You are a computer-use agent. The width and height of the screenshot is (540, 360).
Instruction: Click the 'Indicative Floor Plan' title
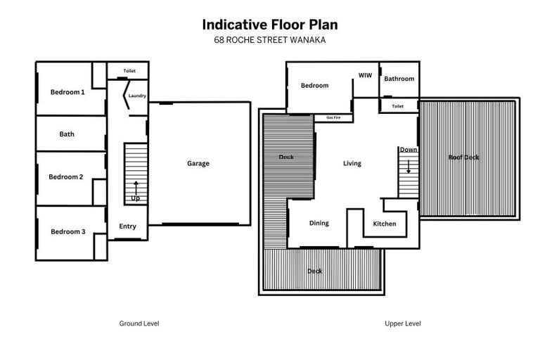coord(270,25)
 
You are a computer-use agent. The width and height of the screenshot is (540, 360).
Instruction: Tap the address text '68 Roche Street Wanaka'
coord(270,40)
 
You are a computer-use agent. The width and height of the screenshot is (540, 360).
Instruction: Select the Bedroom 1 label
coord(67,92)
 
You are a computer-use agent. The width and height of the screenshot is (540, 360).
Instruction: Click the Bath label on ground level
coord(67,134)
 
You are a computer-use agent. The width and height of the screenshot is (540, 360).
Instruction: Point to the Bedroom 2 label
coord(66,177)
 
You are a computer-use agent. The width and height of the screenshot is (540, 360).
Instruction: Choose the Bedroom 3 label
coord(67,232)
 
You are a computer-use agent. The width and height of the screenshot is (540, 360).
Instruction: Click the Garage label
coord(198,164)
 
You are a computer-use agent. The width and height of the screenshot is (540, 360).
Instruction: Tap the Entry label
coord(127,226)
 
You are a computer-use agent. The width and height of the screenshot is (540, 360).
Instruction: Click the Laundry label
coord(137,96)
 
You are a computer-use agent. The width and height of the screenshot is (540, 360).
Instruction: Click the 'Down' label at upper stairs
coord(408,150)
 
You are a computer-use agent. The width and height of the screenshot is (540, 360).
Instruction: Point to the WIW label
coord(365,75)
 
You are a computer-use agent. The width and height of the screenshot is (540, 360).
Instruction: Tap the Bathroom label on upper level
coord(399,79)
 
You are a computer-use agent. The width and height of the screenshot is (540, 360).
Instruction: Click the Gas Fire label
coord(334,117)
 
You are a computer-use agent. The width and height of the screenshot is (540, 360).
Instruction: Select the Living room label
coord(352,164)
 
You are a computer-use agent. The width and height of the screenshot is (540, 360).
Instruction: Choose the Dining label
coord(319,224)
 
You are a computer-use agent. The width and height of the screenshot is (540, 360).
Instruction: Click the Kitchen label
coord(385,224)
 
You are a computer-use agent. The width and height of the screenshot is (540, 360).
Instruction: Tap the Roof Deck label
coord(463,157)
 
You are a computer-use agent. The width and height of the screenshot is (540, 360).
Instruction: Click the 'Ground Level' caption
coord(139,324)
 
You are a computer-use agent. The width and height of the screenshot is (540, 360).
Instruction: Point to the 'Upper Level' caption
coord(403,324)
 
